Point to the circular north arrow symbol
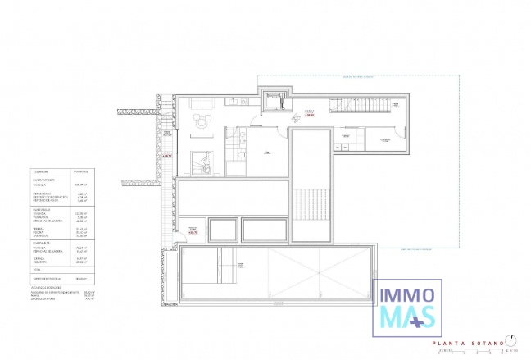tap(511, 339)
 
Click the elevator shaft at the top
tap(274, 101)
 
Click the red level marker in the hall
tap(309, 116)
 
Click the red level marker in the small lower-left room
tap(192, 233)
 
